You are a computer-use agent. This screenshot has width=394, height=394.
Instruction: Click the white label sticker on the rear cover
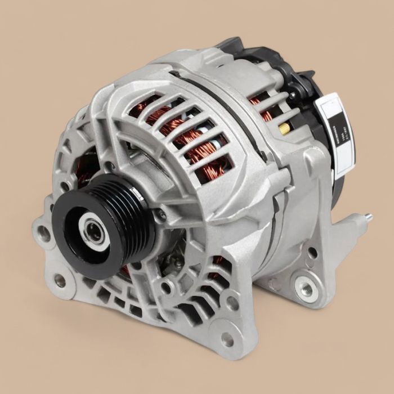click(x=337, y=135)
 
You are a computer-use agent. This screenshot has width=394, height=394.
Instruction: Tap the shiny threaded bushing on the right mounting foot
click(x=306, y=289)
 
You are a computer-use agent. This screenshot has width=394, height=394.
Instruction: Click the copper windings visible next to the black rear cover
click(x=260, y=107)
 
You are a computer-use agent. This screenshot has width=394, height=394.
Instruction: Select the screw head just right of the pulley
click(x=162, y=214)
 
